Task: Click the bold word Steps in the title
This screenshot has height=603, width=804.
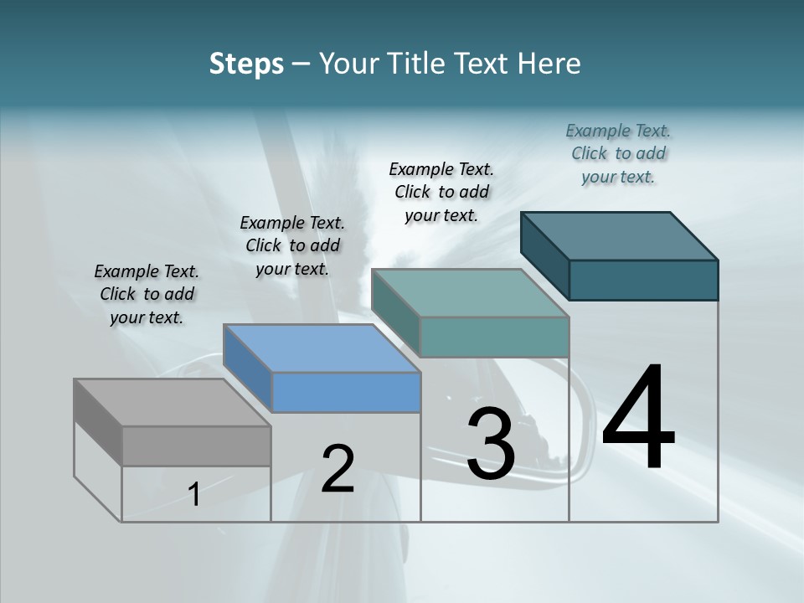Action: (246, 64)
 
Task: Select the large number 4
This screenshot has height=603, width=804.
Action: (638, 419)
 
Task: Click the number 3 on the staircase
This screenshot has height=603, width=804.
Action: (490, 445)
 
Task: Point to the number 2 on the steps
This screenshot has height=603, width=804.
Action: (338, 469)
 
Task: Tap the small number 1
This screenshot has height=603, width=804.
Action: (194, 495)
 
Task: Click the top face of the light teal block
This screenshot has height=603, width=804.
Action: (470, 293)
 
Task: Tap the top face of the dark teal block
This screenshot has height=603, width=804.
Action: (619, 235)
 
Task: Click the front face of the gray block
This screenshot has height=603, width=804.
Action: (196, 446)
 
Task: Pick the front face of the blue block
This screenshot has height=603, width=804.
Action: (346, 392)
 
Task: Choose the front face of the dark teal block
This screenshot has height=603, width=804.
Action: (643, 280)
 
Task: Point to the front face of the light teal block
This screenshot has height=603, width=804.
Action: (494, 337)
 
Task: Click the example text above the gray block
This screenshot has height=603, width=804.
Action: (147, 294)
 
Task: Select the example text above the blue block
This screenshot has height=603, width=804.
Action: (292, 245)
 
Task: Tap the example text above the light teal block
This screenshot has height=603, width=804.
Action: (441, 192)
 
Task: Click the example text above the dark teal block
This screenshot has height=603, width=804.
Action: (618, 153)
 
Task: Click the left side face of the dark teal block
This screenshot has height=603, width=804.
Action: (544, 255)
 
